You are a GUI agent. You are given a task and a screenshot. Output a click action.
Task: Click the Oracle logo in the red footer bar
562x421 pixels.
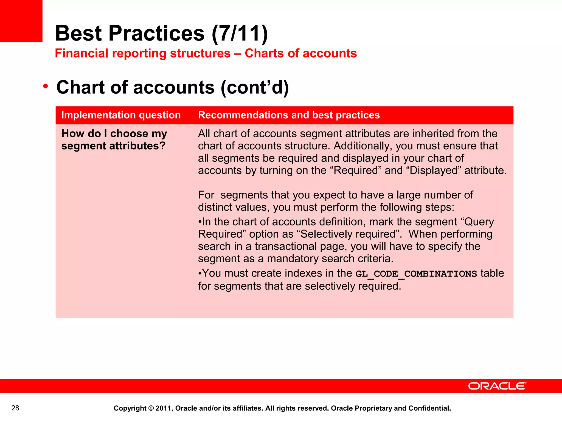(x=497, y=386)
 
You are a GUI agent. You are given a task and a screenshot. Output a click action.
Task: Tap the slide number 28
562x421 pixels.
(x=15, y=408)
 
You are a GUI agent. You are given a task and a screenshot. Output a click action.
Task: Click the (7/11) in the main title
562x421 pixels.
(x=240, y=33)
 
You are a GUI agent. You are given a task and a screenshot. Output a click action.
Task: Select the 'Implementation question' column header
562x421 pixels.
(x=121, y=115)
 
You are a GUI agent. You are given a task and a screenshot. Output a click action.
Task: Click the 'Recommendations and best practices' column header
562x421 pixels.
(x=289, y=115)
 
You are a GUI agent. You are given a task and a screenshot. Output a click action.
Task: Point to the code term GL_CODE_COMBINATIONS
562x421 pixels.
(x=416, y=274)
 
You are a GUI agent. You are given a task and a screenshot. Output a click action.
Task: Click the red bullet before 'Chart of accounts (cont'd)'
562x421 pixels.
(x=46, y=86)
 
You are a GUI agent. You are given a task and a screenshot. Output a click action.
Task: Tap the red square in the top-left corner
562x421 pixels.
(x=21, y=21)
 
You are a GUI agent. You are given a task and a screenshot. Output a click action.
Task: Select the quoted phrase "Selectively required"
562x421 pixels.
(x=348, y=234)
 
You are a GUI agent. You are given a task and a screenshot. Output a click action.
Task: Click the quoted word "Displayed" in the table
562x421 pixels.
(x=433, y=170)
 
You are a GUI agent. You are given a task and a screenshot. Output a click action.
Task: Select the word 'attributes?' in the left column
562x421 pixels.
(x=137, y=146)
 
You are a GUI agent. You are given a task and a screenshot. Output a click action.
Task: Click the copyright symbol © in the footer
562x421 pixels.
(x=151, y=408)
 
